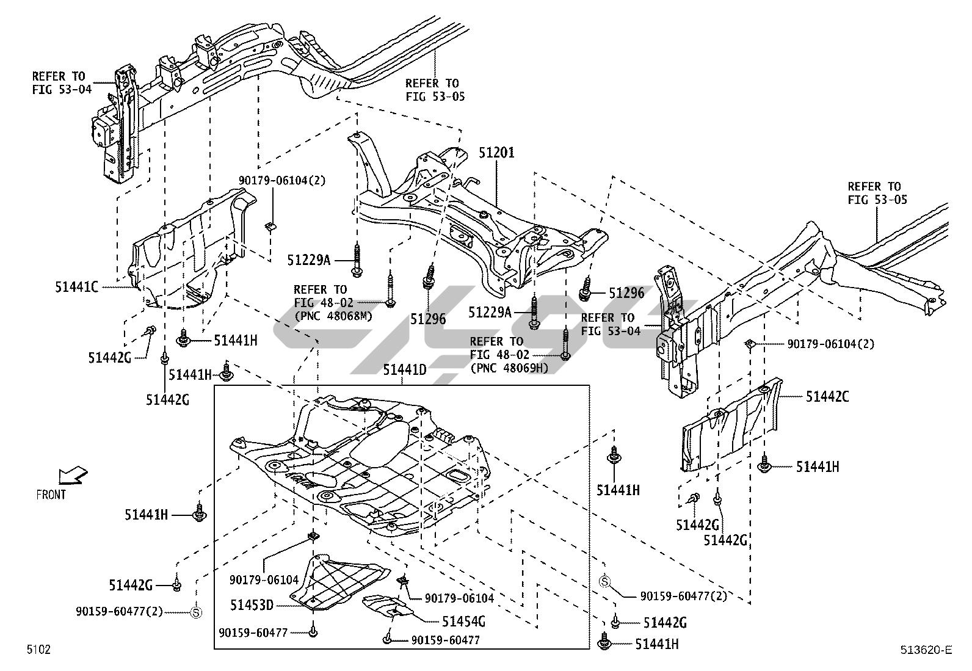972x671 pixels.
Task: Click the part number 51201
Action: pyautogui.click(x=496, y=153)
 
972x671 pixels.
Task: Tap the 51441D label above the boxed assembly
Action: pyautogui.click(x=404, y=370)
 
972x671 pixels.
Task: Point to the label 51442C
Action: pyautogui.click(x=827, y=397)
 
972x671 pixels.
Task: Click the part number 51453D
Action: pyautogui.click(x=252, y=605)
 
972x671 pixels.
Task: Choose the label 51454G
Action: pyautogui.click(x=463, y=622)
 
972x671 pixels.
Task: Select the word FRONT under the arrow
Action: pyautogui.click(x=51, y=495)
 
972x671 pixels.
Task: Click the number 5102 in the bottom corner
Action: pyautogui.click(x=38, y=650)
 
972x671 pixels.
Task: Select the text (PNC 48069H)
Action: pyautogui.click(x=509, y=368)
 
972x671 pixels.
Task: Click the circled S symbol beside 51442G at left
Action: pyautogui.click(x=196, y=612)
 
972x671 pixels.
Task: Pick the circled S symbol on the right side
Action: pyautogui.click(x=604, y=581)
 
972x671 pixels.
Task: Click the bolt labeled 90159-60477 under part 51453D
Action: pyautogui.click(x=313, y=631)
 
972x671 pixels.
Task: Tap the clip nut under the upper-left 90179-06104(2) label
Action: pyautogui.click(x=270, y=227)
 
